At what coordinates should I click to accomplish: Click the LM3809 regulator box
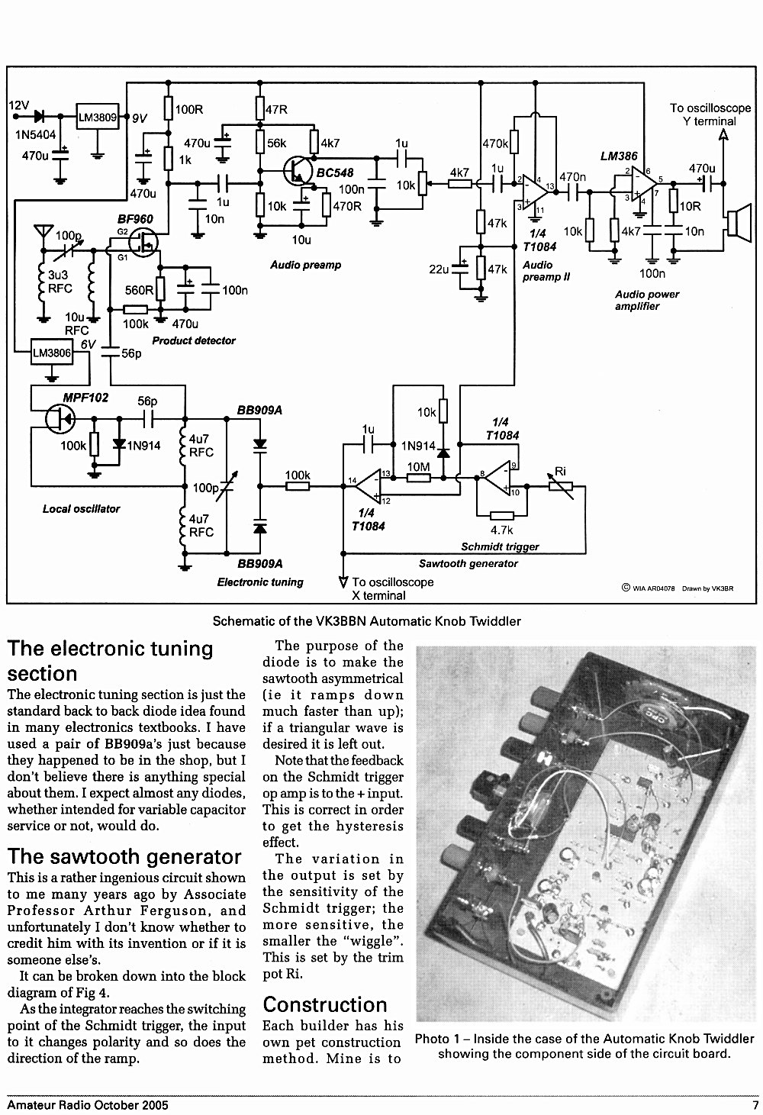tap(98, 117)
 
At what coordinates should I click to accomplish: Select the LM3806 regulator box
tap(52, 353)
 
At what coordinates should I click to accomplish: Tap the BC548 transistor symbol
tap(298, 171)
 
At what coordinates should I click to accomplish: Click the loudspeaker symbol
tap(739, 224)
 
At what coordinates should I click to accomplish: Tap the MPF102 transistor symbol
tap(60, 419)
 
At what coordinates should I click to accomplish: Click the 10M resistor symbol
tap(419, 479)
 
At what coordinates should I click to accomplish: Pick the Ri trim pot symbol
tap(561, 485)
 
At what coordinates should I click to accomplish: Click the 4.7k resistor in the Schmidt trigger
tap(502, 516)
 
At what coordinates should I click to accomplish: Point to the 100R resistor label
tap(188, 109)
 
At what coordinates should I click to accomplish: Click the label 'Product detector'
tap(194, 341)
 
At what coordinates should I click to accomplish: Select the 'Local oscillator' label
tap(81, 509)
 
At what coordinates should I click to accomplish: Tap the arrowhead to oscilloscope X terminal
tap(343, 582)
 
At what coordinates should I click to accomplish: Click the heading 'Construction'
tap(325, 1005)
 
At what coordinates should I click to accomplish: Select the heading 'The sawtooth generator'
tap(124, 856)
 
